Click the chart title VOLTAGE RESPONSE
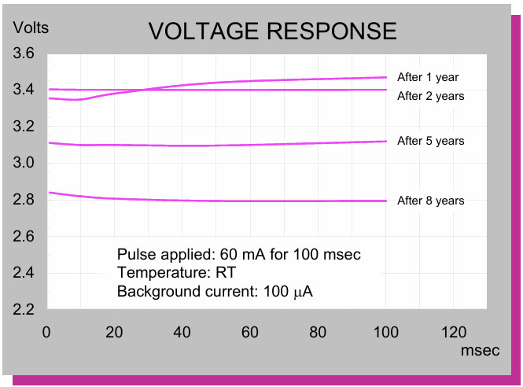point(272,31)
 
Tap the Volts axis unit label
point(31,28)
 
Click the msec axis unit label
point(480,351)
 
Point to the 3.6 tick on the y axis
point(24,53)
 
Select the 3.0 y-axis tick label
point(24,163)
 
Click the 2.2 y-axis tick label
point(24,309)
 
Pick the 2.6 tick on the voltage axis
point(24,236)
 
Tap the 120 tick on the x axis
point(453,331)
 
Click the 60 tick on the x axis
point(250,331)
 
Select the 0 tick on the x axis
point(47,331)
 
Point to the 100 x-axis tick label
point(385,331)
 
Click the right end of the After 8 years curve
point(385,201)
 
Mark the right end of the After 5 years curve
point(385,142)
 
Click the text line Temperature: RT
point(176,274)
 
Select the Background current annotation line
point(215,293)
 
